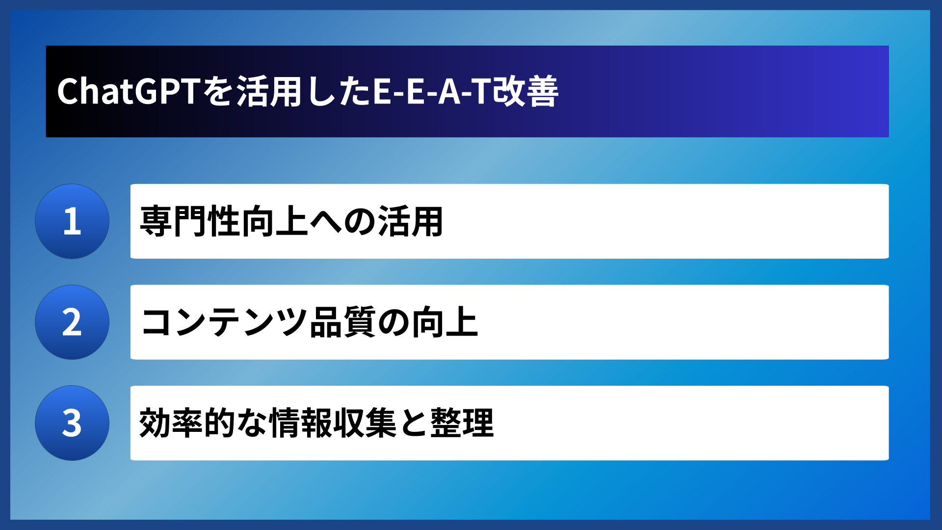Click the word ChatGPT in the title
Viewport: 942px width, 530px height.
[x=129, y=92]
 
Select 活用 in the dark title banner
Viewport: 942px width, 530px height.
[x=269, y=92]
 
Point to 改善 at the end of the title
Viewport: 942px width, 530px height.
[x=525, y=92]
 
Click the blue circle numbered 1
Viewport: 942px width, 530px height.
[x=72, y=221]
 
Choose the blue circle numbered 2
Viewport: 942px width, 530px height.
[x=72, y=322]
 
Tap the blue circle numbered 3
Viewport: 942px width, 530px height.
[x=72, y=423]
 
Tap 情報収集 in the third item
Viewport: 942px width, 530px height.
[x=333, y=423]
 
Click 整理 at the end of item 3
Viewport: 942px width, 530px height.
[x=462, y=423]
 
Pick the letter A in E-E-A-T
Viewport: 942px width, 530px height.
[x=449, y=92]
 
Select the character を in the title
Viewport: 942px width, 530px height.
[x=219, y=92]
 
